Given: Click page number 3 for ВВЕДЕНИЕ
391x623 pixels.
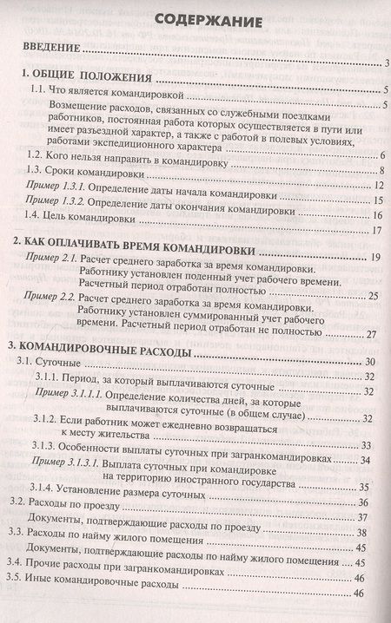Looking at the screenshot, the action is pyautogui.click(x=383, y=63).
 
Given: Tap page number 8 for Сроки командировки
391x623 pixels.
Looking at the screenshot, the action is pyautogui.click(x=380, y=171).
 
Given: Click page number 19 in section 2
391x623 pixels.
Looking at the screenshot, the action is pyautogui.click(x=376, y=259).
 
